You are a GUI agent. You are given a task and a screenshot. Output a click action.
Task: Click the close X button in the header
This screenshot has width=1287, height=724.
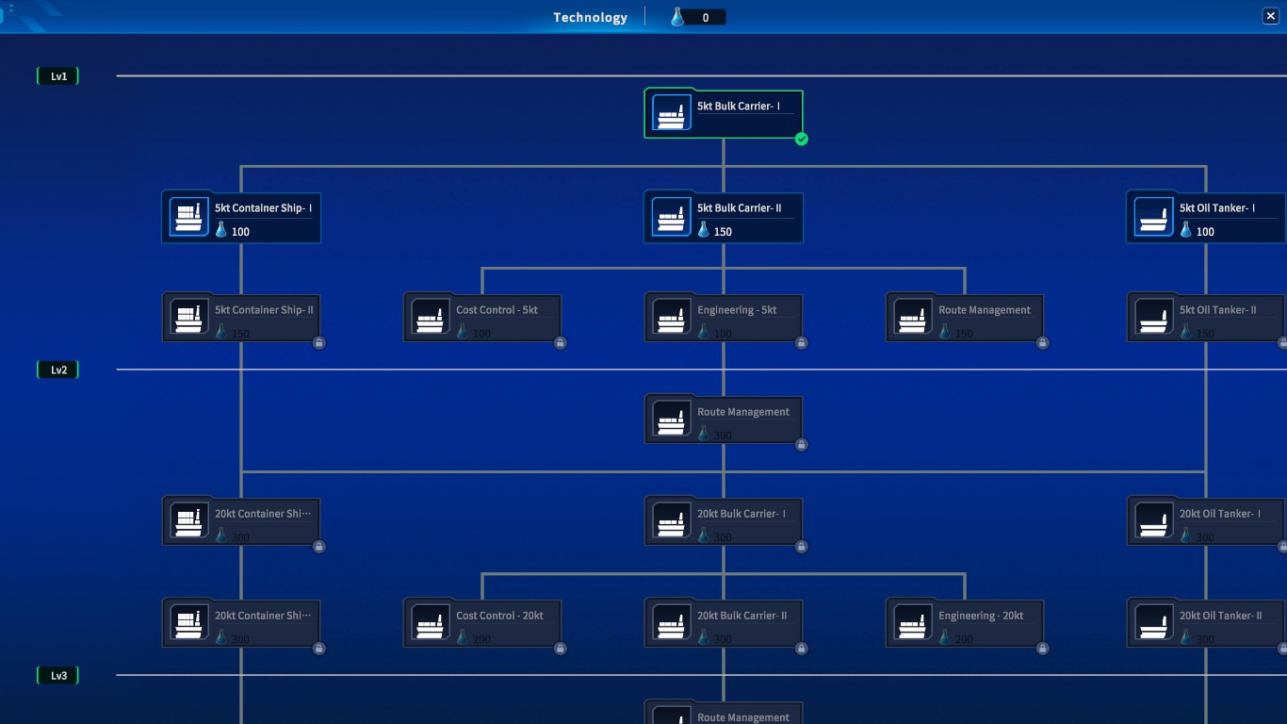click(x=1270, y=16)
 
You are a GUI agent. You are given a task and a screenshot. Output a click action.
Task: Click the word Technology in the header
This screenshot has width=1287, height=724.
click(x=590, y=17)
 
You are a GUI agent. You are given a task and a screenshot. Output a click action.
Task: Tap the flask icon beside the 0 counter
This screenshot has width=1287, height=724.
click(x=677, y=17)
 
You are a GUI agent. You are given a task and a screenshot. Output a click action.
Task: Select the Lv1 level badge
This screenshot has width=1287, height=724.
click(x=57, y=76)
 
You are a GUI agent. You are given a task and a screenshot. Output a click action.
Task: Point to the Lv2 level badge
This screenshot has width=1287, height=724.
click(x=57, y=370)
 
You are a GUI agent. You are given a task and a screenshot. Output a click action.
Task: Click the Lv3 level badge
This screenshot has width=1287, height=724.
click(x=57, y=676)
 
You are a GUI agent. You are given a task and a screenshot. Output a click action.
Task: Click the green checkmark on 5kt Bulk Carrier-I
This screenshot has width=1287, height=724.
click(x=802, y=140)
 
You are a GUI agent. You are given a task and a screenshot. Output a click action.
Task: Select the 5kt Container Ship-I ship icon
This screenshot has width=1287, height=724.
click(x=189, y=217)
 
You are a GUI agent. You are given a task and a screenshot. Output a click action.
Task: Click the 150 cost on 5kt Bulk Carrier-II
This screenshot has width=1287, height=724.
click(x=723, y=232)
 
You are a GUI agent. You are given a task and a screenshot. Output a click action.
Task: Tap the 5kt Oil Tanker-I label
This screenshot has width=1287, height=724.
click(x=1217, y=208)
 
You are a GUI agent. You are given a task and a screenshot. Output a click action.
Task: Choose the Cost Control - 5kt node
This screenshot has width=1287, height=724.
click(x=482, y=318)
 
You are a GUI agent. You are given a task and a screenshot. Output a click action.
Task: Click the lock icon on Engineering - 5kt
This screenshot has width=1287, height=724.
click(x=802, y=343)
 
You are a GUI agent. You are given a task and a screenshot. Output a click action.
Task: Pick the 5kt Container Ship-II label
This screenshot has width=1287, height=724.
click(x=264, y=310)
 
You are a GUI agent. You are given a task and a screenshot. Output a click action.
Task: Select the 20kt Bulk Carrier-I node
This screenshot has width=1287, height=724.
click(x=724, y=521)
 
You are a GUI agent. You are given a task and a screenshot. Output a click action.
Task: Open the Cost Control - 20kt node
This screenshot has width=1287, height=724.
click(x=482, y=623)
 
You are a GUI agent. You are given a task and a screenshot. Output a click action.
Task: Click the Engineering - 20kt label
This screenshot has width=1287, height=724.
click(x=981, y=616)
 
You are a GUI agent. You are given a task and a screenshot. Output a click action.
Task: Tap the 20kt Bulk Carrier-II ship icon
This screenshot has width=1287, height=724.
click(x=672, y=624)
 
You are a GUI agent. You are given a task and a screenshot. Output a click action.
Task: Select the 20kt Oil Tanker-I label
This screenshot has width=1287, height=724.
click(x=1220, y=514)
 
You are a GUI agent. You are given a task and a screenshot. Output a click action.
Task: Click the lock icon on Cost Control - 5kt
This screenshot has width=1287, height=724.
click(x=561, y=343)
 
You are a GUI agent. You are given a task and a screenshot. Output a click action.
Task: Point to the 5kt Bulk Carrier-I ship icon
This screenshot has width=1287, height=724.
click(x=672, y=114)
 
